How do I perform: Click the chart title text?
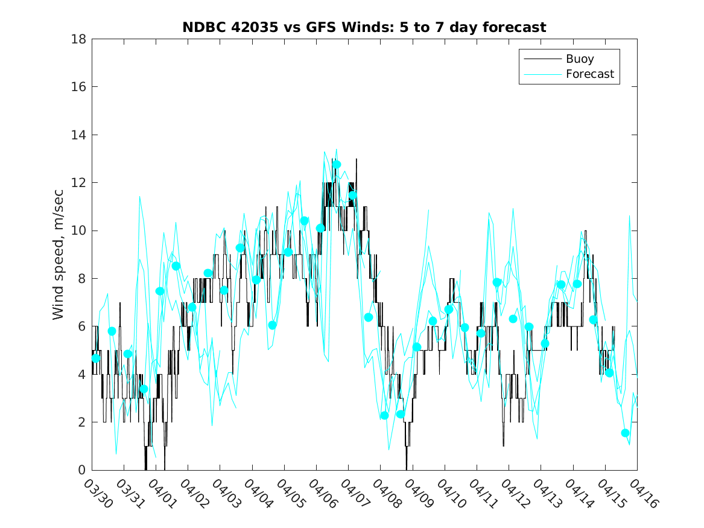(x=364, y=27)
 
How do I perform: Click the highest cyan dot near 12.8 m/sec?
(x=337, y=164)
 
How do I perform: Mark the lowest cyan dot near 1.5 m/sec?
(x=626, y=433)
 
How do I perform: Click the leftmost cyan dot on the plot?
(x=96, y=358)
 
